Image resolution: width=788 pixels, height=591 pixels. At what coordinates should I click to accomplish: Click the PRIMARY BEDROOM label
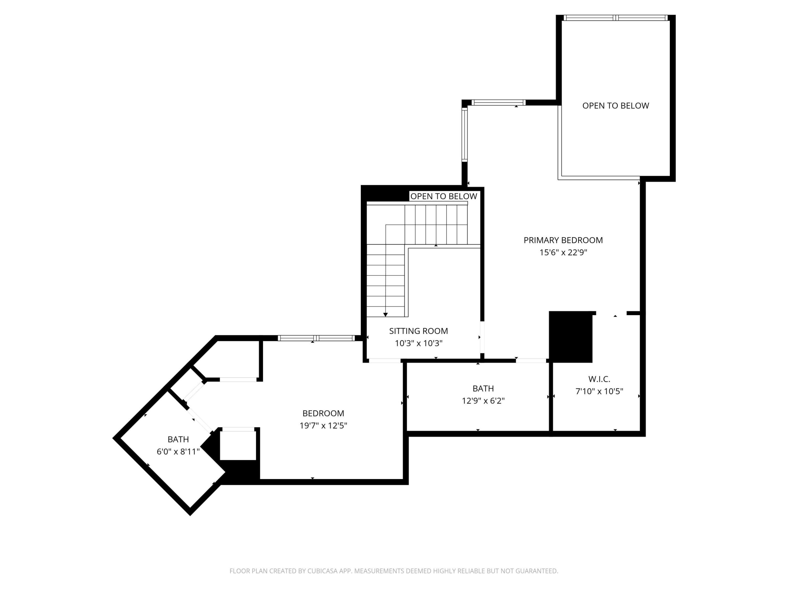point(563,240)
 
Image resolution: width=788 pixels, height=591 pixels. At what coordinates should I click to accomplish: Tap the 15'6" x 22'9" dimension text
point(563,253)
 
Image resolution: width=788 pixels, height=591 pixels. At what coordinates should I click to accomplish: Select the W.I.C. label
point(599,379)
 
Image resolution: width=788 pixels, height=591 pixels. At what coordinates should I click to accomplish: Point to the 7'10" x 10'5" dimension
point(599,391)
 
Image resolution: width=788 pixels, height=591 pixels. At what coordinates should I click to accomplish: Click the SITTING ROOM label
point(418,331)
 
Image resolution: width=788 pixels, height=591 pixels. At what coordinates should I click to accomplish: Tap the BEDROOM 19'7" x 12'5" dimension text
point(323,426)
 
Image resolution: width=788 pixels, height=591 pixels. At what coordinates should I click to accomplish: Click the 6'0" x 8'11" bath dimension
point(178,452)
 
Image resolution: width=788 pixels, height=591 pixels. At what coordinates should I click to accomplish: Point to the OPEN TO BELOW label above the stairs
point(444,196)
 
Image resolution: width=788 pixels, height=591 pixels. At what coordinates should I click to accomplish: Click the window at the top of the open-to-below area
point(615,18)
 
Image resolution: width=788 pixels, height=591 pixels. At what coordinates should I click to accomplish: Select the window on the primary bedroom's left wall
point(465,134)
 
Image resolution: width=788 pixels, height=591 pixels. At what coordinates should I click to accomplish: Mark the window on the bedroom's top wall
point(316,338)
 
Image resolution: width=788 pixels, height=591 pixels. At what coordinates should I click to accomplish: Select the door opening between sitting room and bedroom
point(385,361)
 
